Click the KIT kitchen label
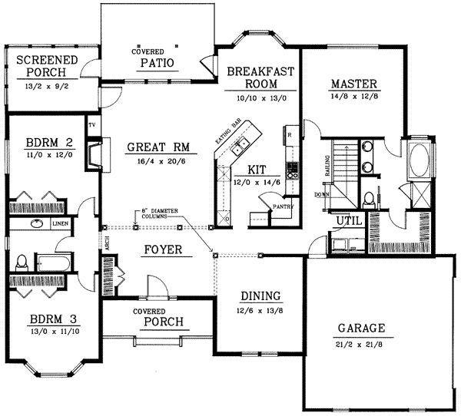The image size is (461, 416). pyautogui.click(x=257, y=170)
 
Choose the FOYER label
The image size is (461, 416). pyautogui.click(x=161, y=250)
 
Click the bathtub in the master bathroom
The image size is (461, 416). pyautogui.click(x=420, y=160)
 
